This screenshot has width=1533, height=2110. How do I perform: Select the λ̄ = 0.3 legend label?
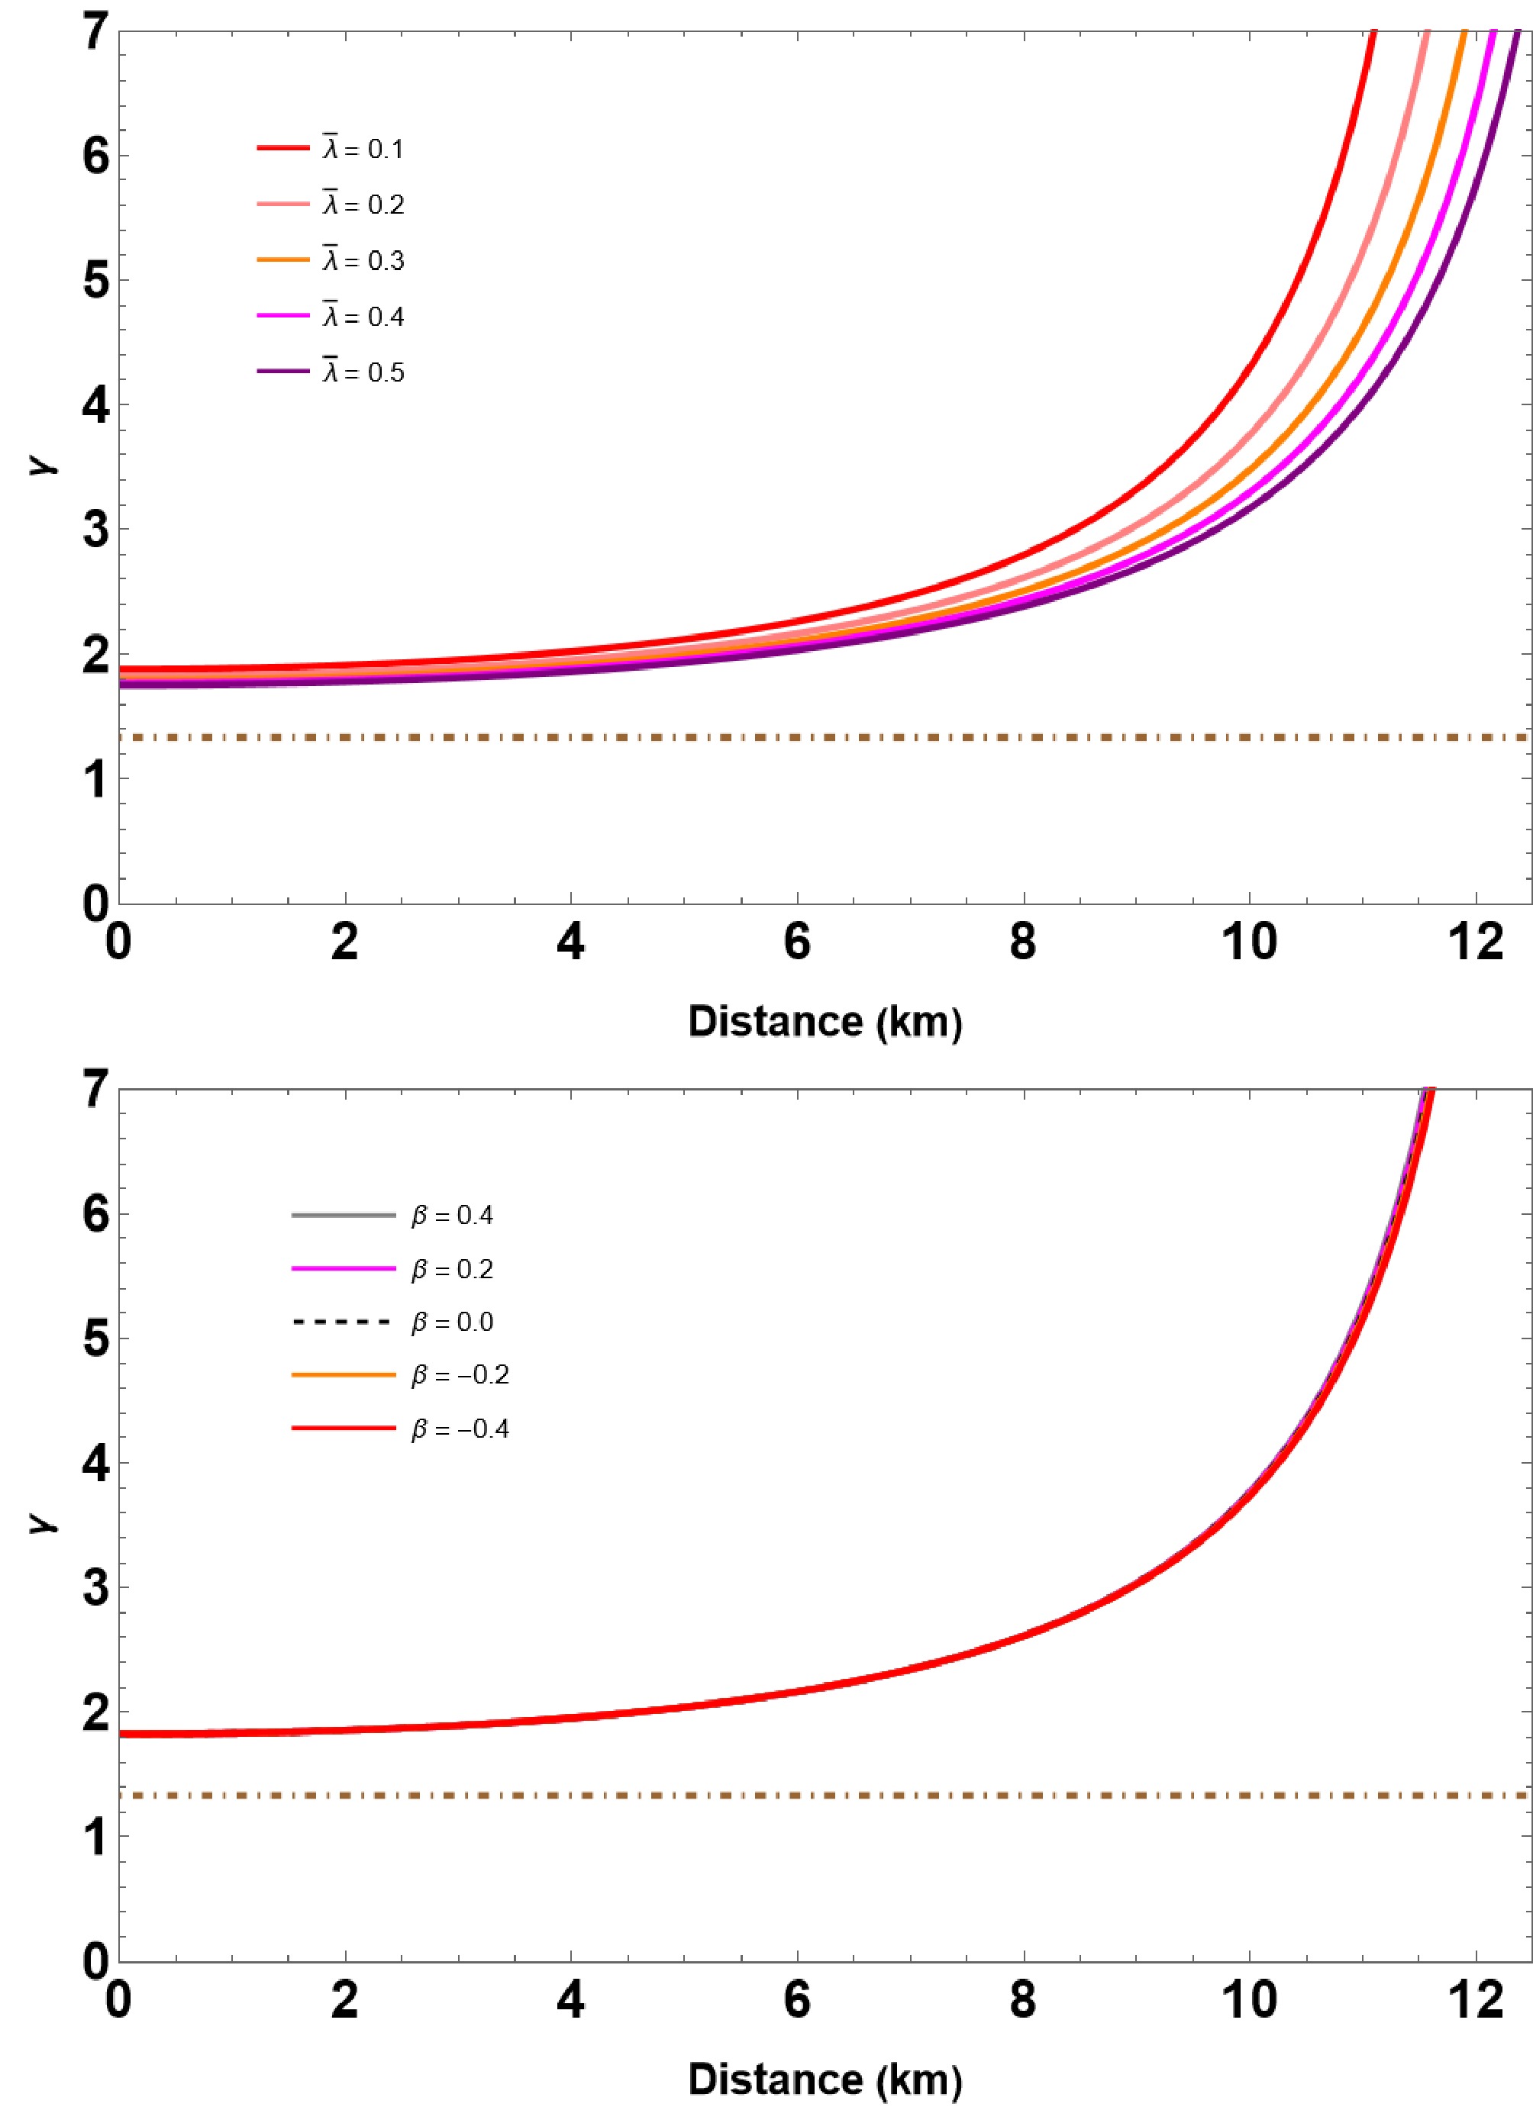pos(362,260)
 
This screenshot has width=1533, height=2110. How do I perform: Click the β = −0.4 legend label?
pos(460,1429)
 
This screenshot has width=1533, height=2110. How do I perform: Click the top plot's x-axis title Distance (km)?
pos(825,1022)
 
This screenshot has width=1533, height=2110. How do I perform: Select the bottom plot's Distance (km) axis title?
pos(825,2079)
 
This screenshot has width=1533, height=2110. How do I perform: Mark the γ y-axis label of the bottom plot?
pos(42,1522)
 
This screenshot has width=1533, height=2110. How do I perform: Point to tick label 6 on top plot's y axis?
pos(96,156)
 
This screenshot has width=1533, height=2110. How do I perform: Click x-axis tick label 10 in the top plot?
pos(1249,942)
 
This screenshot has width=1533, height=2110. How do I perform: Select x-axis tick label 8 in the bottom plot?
pos(1023,1999)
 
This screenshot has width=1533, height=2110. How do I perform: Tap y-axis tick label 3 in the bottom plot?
pos(96,1587)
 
